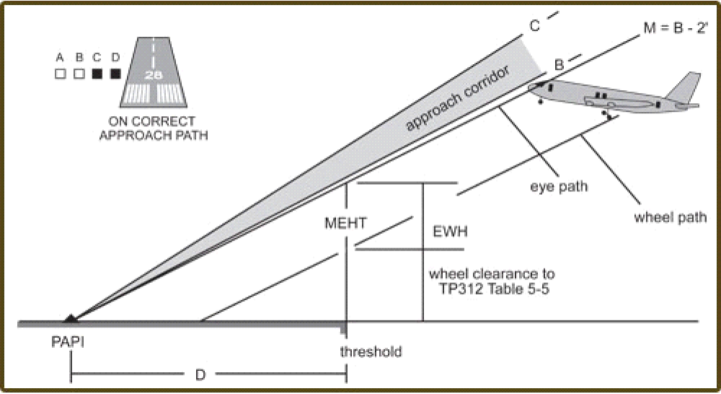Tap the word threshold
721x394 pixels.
pyautogui.click(x=371, y=352)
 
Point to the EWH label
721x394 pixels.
pyautogui.click(x=451, y=232)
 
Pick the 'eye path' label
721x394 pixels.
pyautogui.click(x=559, y=187)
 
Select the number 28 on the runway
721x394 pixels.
pyautogui.click(x=152, y=74)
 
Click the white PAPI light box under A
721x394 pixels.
pyautogui.click(x=61, y=73)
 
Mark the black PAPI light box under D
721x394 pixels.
pyautogui.click(x=115, y=73)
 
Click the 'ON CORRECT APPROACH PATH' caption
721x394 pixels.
pyautogui.click(x=156, y=128)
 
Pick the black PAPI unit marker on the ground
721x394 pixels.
pyautogui.click(x=70, y=318)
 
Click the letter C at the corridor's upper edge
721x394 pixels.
pyautogui.click(x=534, y=26)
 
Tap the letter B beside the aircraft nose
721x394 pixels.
pyautogui.click(x=558, y=65)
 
